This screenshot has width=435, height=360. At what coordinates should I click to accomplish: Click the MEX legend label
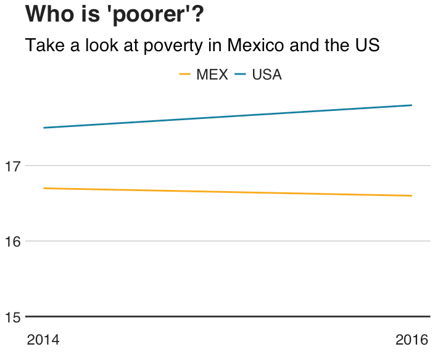point(212,75)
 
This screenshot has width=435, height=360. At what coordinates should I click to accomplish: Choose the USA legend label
point(267,75)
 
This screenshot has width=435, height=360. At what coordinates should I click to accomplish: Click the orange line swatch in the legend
point(184,75)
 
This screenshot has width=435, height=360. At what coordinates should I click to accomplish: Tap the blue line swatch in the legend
point(241,75)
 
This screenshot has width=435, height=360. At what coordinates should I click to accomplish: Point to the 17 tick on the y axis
point(13,166)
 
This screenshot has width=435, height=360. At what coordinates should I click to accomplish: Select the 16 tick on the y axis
point(13,242)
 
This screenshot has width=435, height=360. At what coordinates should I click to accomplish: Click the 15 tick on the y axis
point(13,317)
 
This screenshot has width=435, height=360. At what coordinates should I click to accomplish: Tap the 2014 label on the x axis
point(43,340)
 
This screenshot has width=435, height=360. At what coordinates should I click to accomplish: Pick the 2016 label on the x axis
point(412,340)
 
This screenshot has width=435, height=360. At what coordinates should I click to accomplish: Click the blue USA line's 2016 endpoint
point(412,105)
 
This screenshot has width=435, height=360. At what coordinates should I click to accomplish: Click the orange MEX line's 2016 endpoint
point(412,196)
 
